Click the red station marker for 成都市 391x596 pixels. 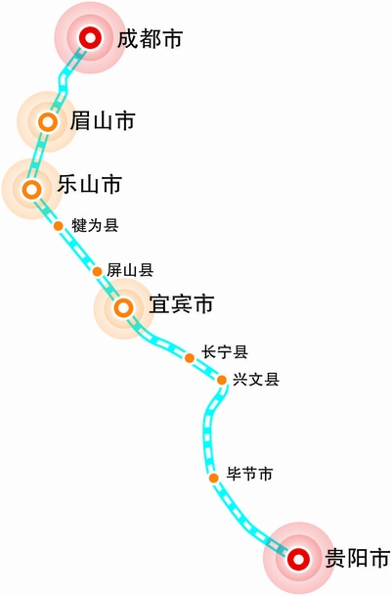click(90, 37)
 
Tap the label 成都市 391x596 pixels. click(150, 39)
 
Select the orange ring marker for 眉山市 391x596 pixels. click(48, 122)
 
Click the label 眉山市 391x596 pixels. click(103, 121)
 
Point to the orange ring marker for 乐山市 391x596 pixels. click(31, 189)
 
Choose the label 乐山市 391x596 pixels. click(90, 184)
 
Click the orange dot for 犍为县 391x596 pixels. click(58, 226)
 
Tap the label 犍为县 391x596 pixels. click(95, 225)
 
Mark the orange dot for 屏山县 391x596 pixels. click(97, 271)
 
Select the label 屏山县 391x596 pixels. click(130, 270)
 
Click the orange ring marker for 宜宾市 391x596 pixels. click(124, 307)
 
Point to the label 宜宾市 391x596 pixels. click(182, 303)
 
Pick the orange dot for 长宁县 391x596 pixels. click(190, 357)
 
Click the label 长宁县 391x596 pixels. click(225, 352)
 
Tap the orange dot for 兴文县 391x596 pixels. click(222, 380)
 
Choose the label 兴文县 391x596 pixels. click(256, 380)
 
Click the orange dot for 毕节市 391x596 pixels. click(214, 478)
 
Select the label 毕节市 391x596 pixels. click(250, 474)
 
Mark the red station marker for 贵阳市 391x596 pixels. click(298, 559)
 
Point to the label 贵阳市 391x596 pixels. click(358, 559)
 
